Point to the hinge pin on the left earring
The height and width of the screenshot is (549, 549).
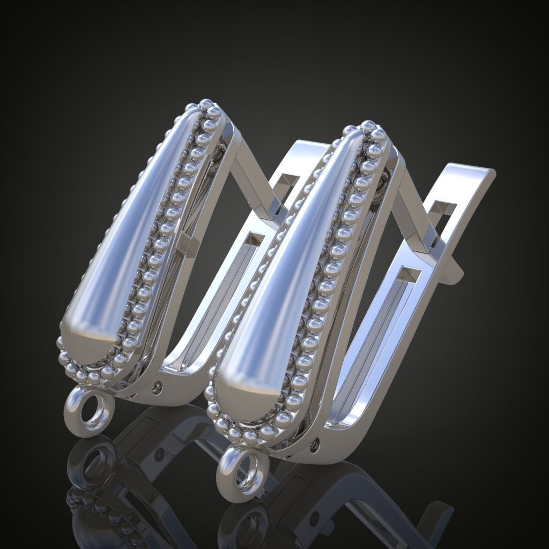pos(157,386)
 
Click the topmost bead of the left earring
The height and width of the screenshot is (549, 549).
pos(206,104)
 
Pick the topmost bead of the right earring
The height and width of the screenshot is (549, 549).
pos(367,126)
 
